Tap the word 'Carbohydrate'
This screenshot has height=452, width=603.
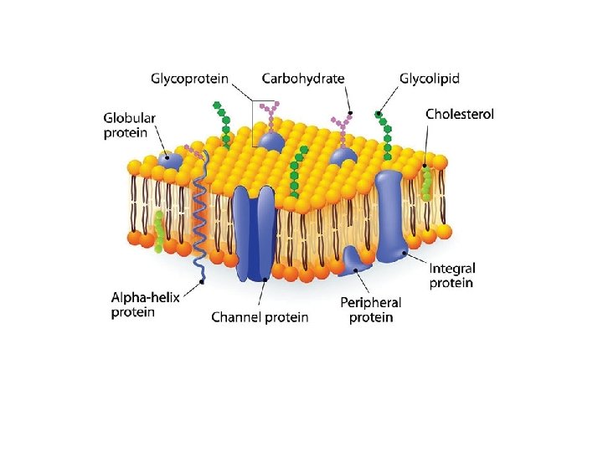coord(302,79)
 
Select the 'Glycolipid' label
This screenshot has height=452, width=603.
coord(430,79)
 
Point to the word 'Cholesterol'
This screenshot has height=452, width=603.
coord(460,114)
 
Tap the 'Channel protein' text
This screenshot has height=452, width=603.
coord(260,317)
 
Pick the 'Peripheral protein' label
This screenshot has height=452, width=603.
coord(370,310)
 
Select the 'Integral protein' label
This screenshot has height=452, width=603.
coord(452,275)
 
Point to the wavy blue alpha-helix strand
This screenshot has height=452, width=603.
coord(200,218)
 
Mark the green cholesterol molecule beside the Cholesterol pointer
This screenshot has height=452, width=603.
coord(427,182)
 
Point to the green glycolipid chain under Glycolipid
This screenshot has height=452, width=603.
coord(385,134)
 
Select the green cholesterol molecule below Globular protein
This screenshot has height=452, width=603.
coord(157,230)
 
